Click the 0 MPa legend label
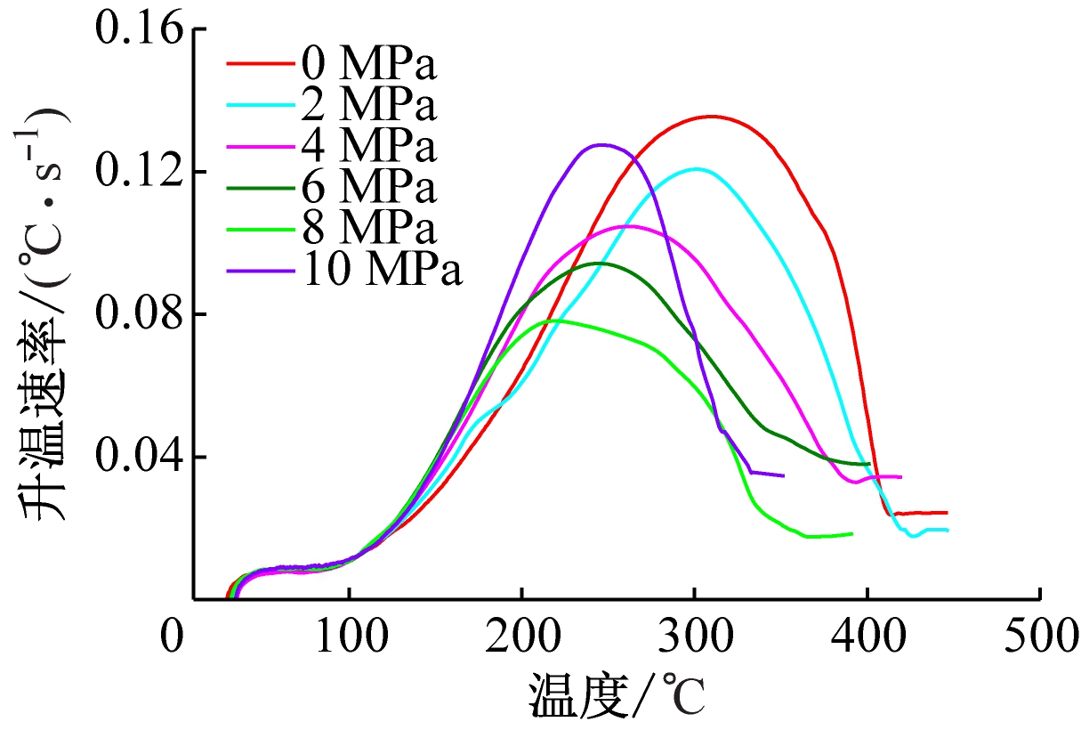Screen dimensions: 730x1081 (x=370, y=64)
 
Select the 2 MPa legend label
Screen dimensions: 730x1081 (x=370, y=105)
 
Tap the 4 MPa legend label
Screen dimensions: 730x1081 (x=370, y=146)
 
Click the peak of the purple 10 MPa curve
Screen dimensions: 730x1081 (x=601, y=144)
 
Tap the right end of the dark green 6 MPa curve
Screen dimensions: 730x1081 (x=868, y=464)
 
